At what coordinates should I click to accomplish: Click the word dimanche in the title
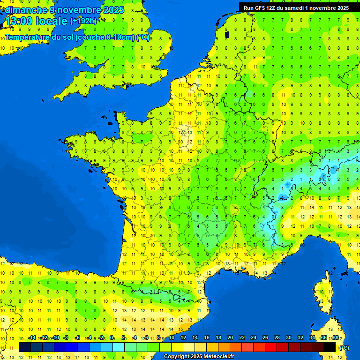pyautogui.click(x=26, y=10)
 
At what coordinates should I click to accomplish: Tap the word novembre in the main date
pyautogui.click(x=79, y=10)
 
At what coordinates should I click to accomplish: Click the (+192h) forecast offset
pyautogui.click(x=83, y=21)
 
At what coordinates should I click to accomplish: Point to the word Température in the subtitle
pyautogui.click(x=29, y=37)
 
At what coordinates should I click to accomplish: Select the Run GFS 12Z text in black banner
pyautogui.click(x=263, y=7)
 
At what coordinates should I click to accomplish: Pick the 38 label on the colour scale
pyautogui.click(x=336, y=337)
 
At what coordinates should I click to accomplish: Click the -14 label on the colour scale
pyautogui.click(x=32, y=337)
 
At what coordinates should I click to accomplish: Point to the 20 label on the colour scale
pyautogui.click(x=230, y=337)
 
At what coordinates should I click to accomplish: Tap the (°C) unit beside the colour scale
pyautogui.click(x=345, y=347)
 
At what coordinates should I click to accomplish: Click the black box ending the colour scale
pyautogui.click(x=330, y=347)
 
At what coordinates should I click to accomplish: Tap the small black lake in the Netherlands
pyautogui.click(x=227, y=34)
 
